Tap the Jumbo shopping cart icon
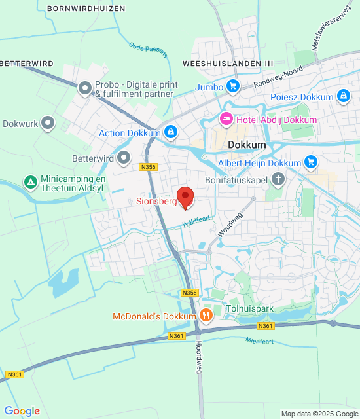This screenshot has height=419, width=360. tap(232, 86)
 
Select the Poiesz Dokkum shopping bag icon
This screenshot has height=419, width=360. tap(343, 97)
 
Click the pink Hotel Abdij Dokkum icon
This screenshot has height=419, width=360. tap(226, 120)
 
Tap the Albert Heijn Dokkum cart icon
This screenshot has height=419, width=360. tap(310, 162)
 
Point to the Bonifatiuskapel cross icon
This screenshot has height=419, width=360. tap(278, 178)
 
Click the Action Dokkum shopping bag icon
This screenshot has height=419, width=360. tap(170, 133)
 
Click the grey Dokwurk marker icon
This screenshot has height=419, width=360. tap(48, 122)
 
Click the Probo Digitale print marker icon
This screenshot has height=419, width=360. tap(85, 88)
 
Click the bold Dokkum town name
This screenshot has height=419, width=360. tap(247, 145)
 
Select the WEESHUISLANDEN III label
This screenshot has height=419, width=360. tap(228, 63)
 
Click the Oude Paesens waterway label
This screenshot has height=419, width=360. tap(148, 50)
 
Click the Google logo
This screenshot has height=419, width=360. tap(22, 410)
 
